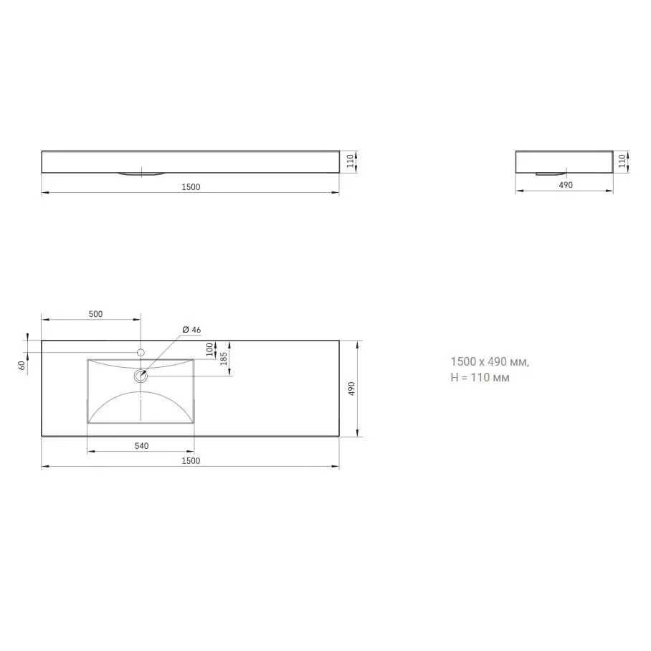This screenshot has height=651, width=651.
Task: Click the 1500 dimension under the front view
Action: (x=191, y=187)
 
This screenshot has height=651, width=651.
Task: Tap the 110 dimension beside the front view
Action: (x=351, y=161)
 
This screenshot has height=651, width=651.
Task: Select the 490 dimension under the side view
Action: (x=566, y=185)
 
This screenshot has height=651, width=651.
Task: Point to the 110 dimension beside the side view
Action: (x=622, y=161)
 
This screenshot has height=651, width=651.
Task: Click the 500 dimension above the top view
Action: (x=95, y=314)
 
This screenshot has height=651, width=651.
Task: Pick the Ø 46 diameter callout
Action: (x=191, y=330)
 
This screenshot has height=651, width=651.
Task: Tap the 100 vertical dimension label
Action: (x=209, y=350)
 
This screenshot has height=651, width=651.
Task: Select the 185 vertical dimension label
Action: (x=224, y=358)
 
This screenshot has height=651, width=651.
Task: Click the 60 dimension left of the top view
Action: (x=22, y=365)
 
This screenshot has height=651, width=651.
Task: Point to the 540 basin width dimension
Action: (x=141, y=445)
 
